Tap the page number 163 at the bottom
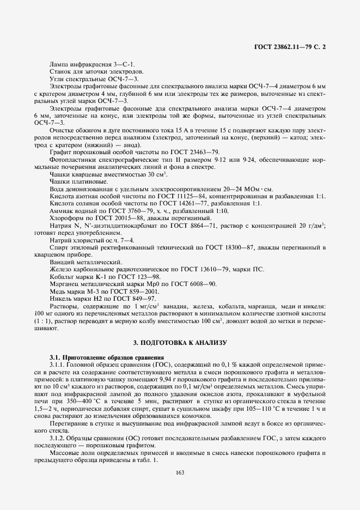point(180,472)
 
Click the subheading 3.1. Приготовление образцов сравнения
point(107,357)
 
